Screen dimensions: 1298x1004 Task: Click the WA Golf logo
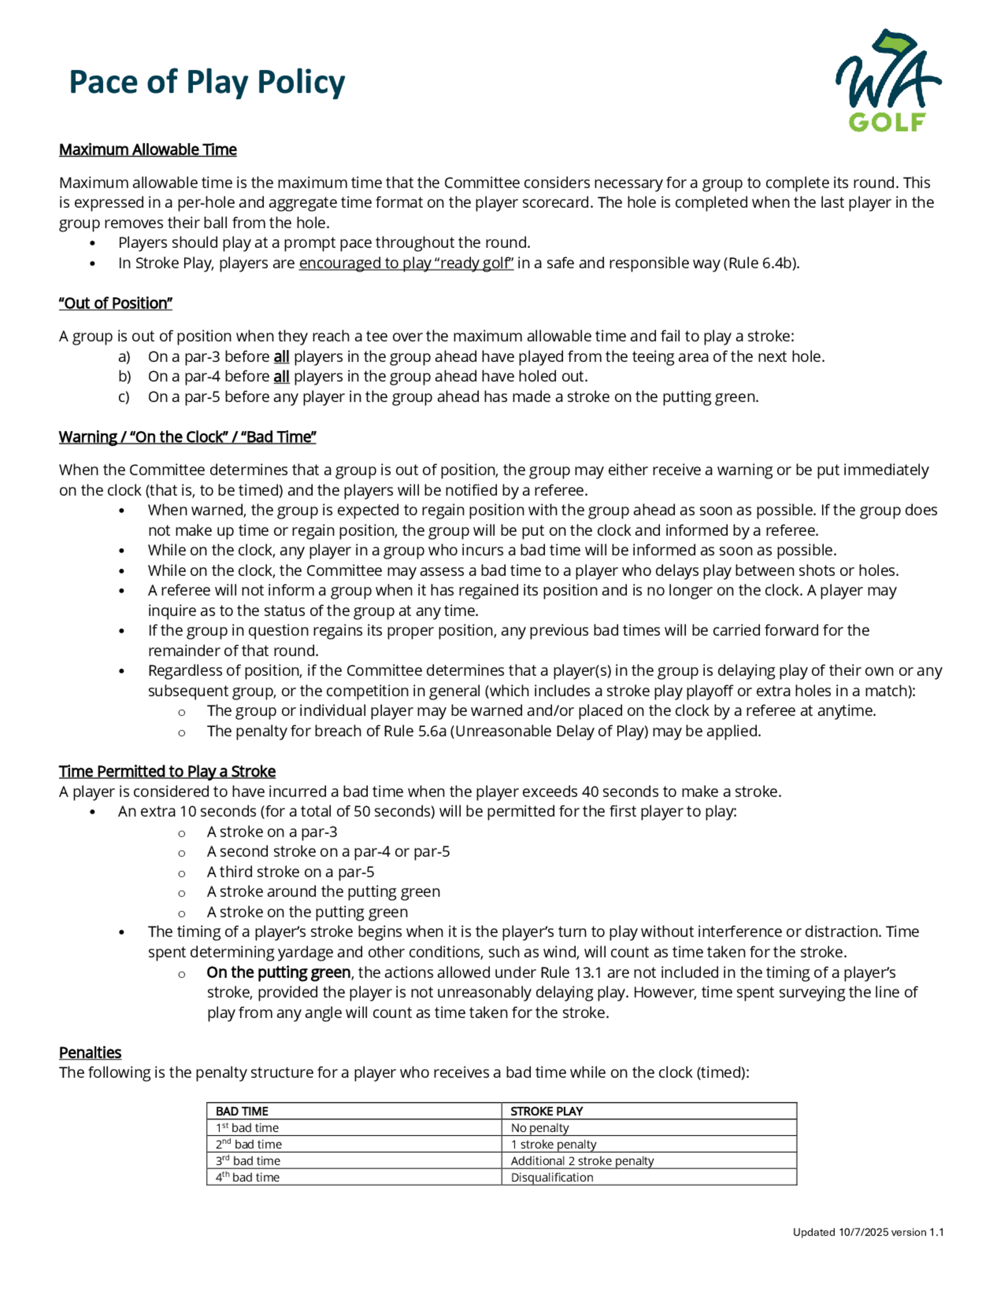point(888,80)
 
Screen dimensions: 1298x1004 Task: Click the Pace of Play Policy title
point(206,82)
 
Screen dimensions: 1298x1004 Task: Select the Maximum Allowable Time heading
point(148,150)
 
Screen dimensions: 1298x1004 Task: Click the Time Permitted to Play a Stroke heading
point(167,771)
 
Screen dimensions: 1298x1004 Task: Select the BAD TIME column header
point(241,1111)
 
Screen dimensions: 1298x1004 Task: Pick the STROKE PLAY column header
point(546,1111)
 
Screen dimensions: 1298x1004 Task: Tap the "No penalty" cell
point(540,1127)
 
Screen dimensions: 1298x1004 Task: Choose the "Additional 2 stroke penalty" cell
point(582,1160)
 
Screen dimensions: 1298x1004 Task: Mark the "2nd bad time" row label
point(248,1144)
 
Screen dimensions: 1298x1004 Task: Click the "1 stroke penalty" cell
point(553,1144)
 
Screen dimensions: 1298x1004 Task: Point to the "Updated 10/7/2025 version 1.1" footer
point(868,1232)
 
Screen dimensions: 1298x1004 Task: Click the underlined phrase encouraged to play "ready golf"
point(406,263)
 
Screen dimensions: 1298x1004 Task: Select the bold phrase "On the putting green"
point(279,972)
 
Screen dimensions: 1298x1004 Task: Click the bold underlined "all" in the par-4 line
point(281,376)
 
